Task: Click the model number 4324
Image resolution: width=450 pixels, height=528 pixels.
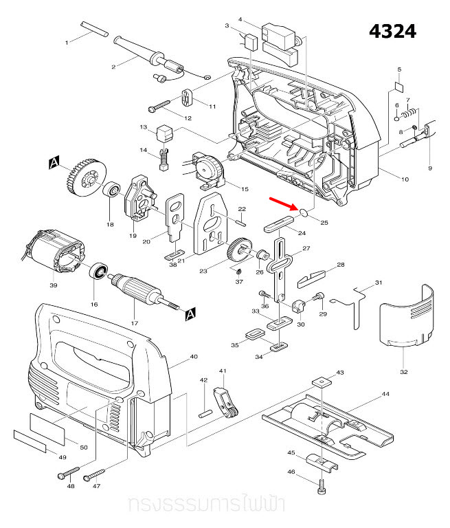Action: tap(392, 32)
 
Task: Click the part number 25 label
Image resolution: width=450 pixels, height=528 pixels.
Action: tap(324, 223)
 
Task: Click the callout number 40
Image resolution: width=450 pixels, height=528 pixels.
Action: tap(194, 356)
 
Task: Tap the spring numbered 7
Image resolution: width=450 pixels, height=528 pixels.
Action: tap(410, 109)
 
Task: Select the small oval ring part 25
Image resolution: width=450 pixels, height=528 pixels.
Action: tap(302, 213)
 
